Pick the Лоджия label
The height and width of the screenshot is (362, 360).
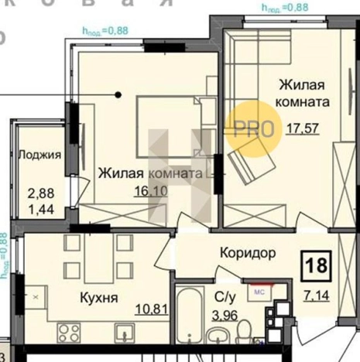(39, 154)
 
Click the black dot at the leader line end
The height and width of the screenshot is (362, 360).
(118, 95)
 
